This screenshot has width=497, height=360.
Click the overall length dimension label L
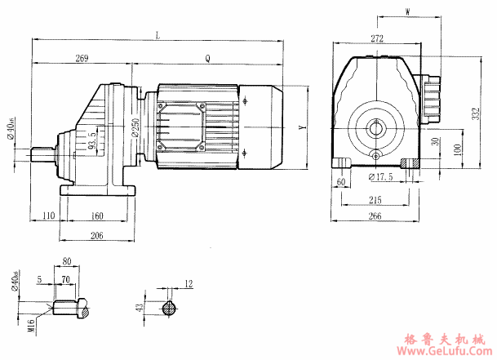157,33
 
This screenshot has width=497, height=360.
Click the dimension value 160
97,216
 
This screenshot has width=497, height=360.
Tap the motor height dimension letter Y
301,128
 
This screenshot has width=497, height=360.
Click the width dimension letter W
407,11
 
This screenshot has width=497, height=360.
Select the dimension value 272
376,38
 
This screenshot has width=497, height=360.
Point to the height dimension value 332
477,114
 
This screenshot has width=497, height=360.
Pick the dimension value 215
376,199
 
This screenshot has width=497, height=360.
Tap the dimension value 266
375,216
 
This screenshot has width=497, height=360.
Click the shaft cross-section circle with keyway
168,309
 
